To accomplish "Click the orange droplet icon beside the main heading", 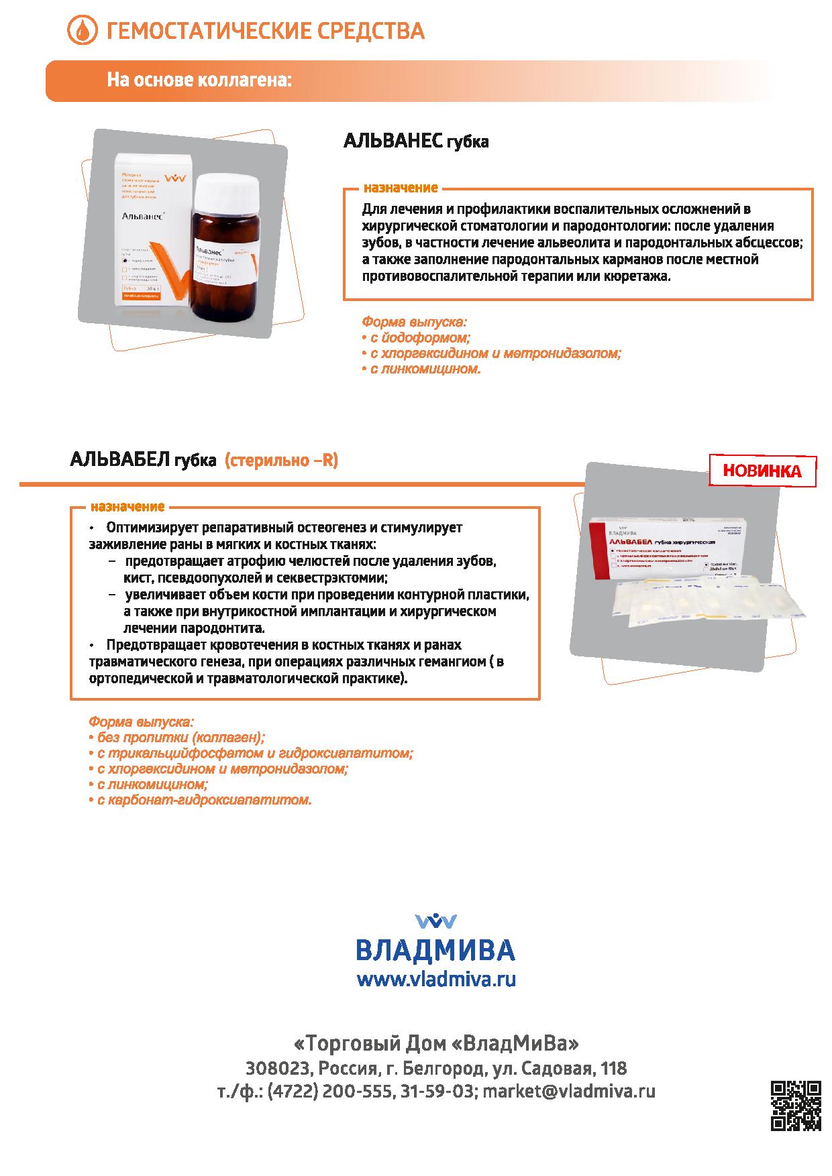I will pyautogui.click(x=82, y=31).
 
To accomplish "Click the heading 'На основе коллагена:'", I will pyautogui.click(x=199, y=80).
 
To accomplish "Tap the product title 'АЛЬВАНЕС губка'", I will pyautogui.click(x=415, y=141).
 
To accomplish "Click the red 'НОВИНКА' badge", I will pyautogui.click(x=762, y=471).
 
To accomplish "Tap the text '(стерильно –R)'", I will pyautogui.click(x=280, y=461).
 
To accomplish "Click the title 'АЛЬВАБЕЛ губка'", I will pyautogui.click(x=143, y=461).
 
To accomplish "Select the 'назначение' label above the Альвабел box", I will pyautogui.click(x=127, y=507).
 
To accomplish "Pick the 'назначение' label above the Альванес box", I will pyautogui.click(x=401, y=188).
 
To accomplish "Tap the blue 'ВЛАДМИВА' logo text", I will pyautogui.click(x=435, y=950).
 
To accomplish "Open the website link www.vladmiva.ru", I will pyautogui.click(x=436, y=980).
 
